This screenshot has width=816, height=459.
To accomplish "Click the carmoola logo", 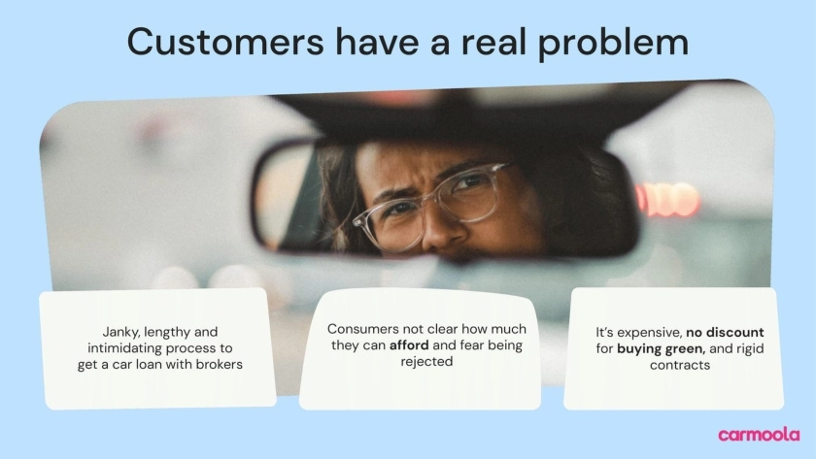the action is point(759,435).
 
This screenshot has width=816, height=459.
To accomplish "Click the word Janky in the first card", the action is point(120,332).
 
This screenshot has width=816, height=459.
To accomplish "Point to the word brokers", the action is point(218,365).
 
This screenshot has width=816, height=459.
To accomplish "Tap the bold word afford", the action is point(409,345).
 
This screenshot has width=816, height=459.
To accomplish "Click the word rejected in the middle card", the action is point(426,362).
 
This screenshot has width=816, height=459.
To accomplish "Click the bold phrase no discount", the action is point(725,332).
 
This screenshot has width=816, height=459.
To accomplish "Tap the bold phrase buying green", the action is point(661,348).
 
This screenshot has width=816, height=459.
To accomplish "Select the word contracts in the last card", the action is point(680,365).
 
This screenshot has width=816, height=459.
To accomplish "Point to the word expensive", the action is point(650,333).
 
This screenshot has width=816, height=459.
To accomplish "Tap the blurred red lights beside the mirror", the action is point(667,199).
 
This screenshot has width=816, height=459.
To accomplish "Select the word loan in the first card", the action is point(149,365).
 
